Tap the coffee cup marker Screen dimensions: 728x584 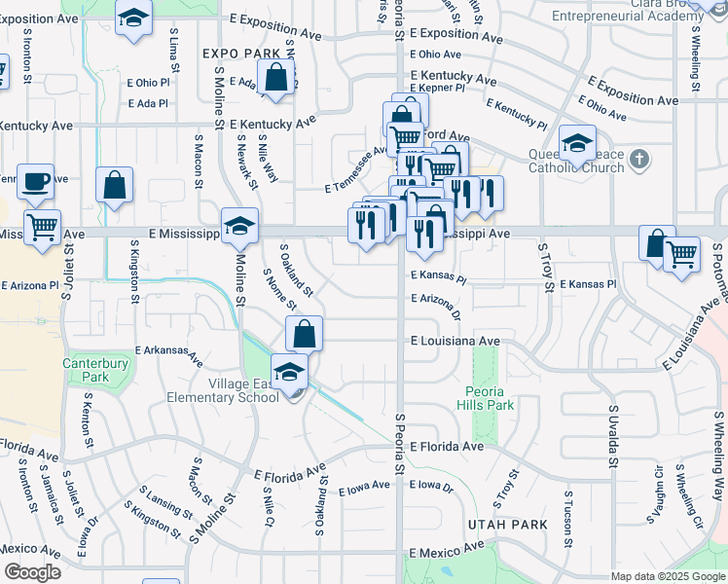click(36, 180)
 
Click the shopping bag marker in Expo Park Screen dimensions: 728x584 click(277, 78)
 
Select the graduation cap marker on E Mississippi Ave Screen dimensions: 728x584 click(238, 226)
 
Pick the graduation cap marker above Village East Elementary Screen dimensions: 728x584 click(289, 371)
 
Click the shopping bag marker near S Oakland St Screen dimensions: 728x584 click(305, 333)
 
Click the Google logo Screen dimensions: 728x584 click(32, 572)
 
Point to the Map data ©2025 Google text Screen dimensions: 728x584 click(669, 576)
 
